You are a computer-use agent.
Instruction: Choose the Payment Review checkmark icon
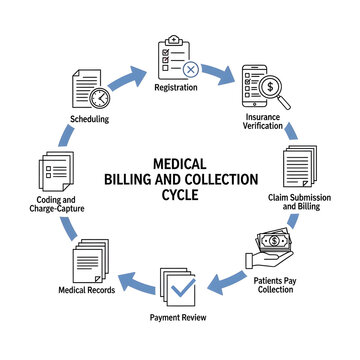[x=180, y=287]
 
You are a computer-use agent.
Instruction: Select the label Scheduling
[x=90, y=119]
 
